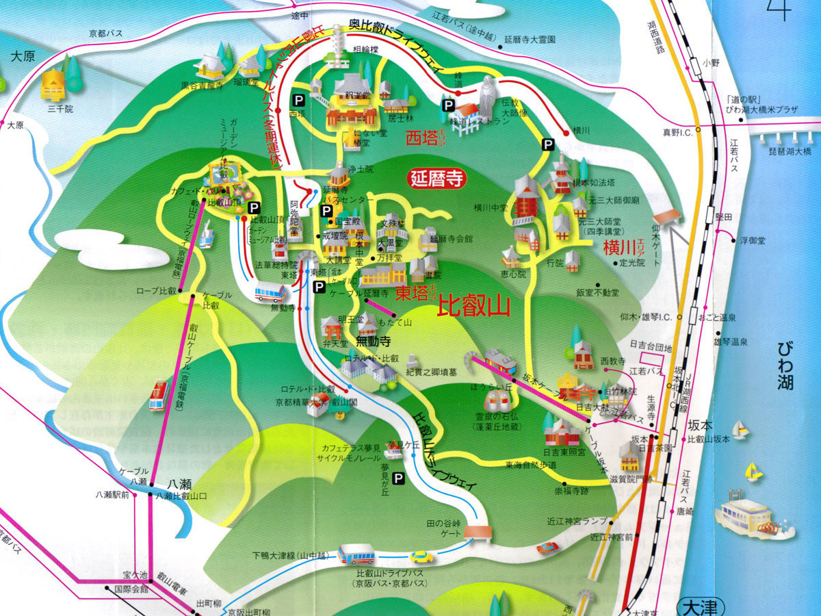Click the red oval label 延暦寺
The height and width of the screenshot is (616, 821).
pyautogui.click(x=437, y=179)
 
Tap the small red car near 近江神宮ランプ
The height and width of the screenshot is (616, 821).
pyautogui.click(x=547, y=548)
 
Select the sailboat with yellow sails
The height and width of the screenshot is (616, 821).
pyautogui.click(x=753, y=472)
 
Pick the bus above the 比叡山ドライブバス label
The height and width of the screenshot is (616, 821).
pyautogui.click(x=356, y=553)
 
